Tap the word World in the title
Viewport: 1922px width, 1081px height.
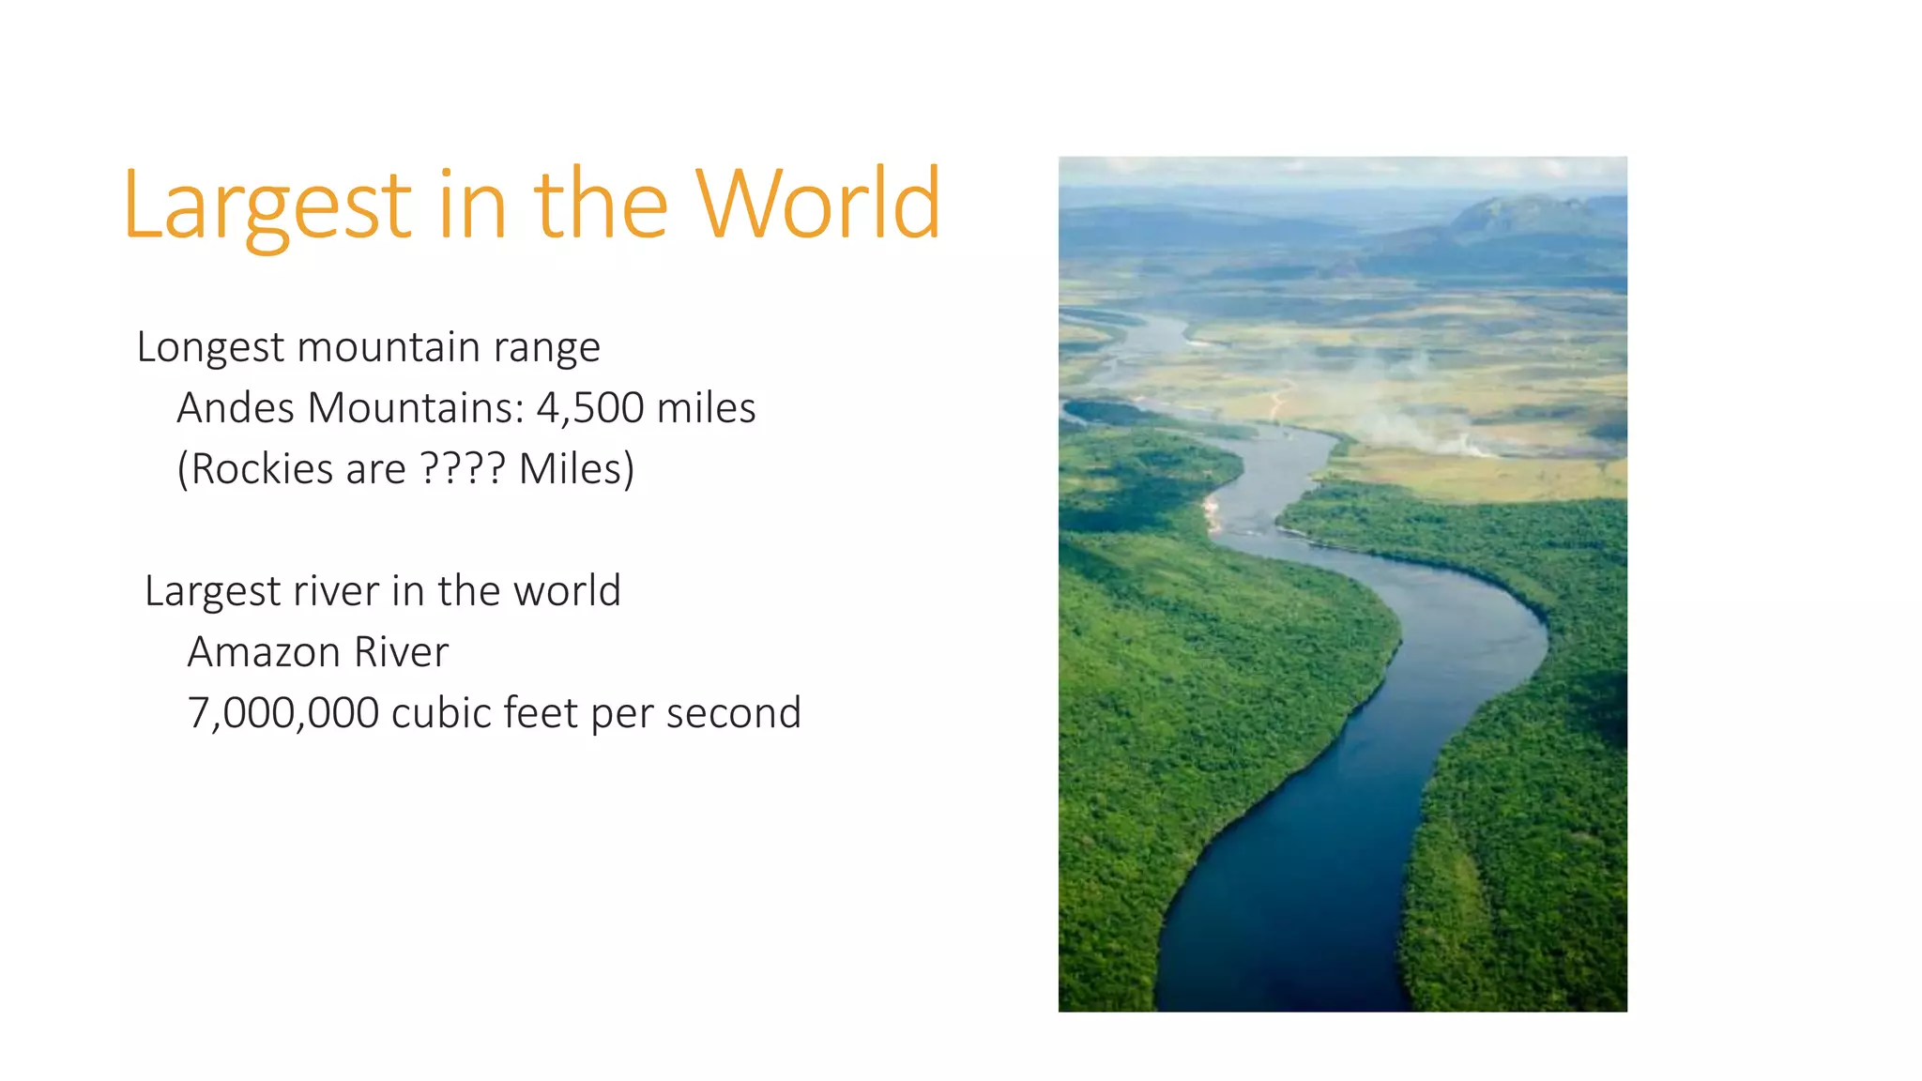816,205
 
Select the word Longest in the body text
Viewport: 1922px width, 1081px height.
210,348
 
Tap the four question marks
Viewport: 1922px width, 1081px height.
463,468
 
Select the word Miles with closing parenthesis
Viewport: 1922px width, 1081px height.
577,469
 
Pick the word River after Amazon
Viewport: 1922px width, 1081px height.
402,652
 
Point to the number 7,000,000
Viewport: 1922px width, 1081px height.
283,713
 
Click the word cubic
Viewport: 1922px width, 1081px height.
441,713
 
